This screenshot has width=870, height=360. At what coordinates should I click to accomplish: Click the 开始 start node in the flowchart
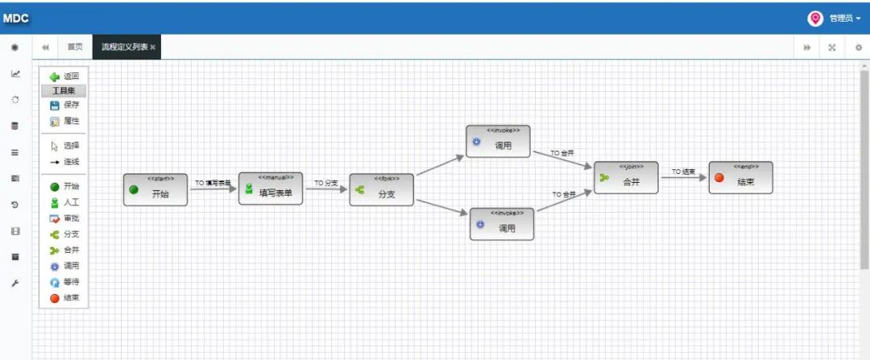155,190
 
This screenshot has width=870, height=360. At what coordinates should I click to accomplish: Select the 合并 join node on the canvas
626,178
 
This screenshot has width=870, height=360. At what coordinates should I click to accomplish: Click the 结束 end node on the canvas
740,178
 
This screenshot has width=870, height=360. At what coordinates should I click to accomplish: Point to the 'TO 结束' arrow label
684,172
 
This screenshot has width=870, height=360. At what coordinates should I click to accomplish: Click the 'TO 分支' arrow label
326,184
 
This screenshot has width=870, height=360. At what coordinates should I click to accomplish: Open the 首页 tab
75,48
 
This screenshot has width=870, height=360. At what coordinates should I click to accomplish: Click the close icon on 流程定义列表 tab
153,48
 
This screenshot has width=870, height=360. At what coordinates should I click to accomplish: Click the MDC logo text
16,19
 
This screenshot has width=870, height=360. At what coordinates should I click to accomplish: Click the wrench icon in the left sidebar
14,283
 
